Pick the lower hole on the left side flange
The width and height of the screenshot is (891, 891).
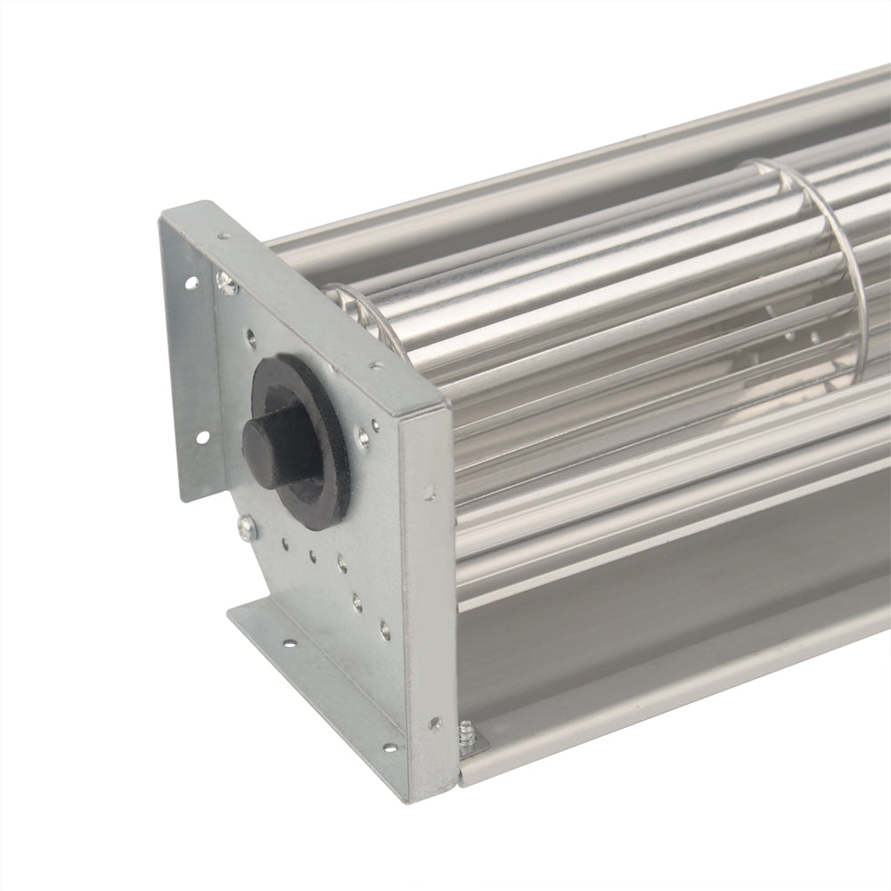(200, 437)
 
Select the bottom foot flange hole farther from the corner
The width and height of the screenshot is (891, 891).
(289, 641)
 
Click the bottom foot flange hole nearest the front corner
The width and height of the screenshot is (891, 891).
(389, 748)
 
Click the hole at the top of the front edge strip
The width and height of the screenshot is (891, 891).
(429, 491)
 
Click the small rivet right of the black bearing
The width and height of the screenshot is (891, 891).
(363, 436)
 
